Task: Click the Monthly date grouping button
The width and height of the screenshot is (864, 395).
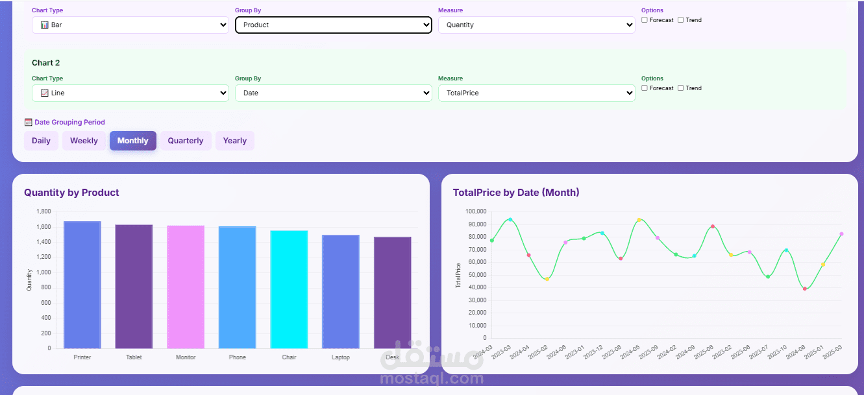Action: [x=132, y=141]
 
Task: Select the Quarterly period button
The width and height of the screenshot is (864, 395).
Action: [x=186, y=141]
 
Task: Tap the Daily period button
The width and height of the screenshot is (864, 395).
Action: [x=41, y=141]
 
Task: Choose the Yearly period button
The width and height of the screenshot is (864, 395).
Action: [x=234, y=141]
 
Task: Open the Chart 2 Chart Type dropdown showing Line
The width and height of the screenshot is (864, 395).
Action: [x=130, y=93]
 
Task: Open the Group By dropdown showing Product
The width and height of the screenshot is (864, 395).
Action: [x=333, y=25]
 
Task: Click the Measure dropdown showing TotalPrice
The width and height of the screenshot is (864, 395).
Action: [x=536, y=93]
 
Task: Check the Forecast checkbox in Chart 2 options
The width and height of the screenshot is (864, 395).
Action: [x=645, y=88]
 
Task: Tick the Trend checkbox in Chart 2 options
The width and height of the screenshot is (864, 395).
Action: [x=681, y=88]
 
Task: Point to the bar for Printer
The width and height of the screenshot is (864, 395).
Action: [x=82, y=285]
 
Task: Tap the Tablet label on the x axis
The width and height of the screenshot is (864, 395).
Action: [x=134, y=357]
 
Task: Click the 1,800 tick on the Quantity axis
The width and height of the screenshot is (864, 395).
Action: [x=43, y=211]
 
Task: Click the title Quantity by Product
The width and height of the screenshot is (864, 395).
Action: [x=71, y=193]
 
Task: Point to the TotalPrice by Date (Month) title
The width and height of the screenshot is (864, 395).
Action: [x=515, y=193]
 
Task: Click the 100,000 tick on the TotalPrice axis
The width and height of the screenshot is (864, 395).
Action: [x=475, y=211]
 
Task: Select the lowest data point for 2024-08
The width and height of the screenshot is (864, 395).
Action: [x=805, y=289]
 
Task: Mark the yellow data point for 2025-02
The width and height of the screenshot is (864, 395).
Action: [x=547, y=279]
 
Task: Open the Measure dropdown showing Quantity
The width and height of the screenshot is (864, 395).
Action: [x=536, y=25]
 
